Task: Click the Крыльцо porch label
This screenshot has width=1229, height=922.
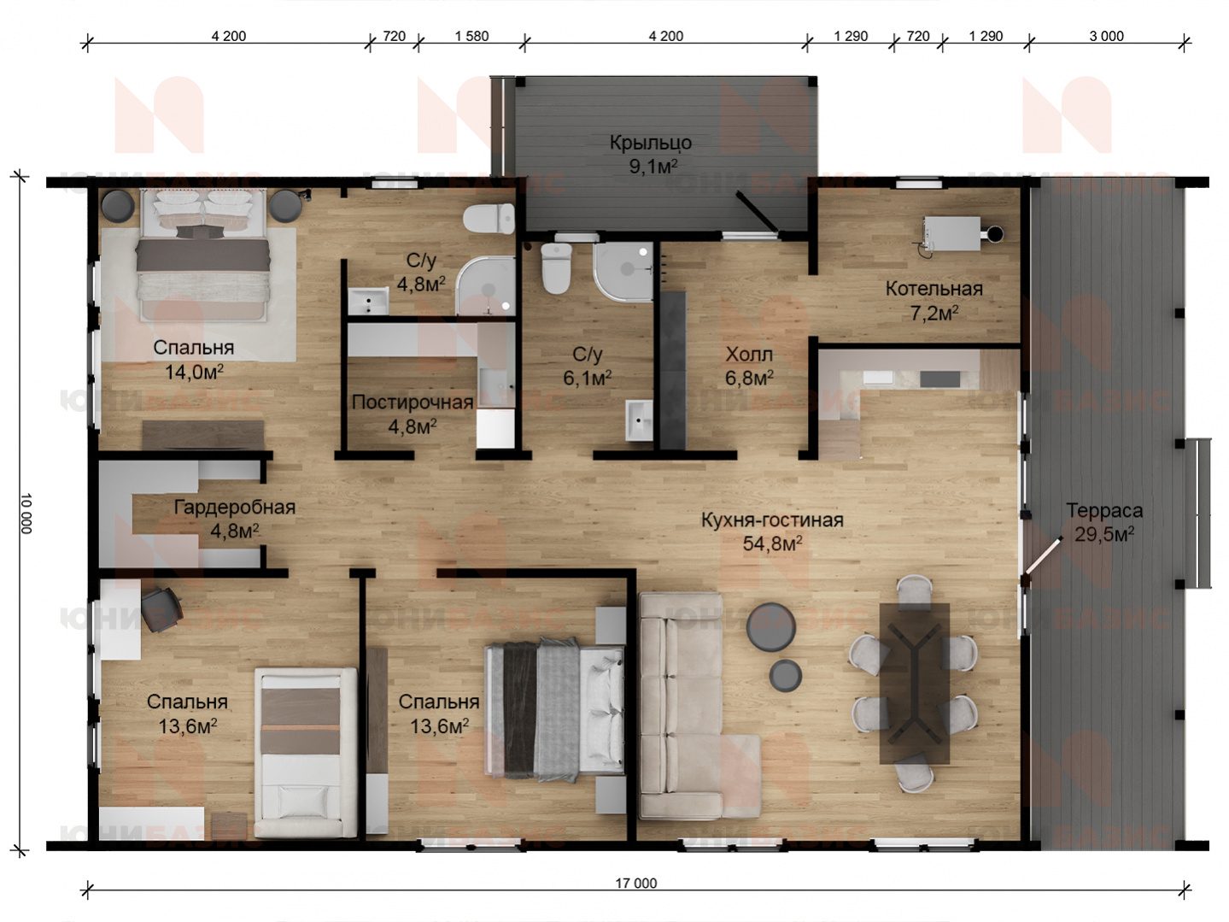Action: pyautogui.click(x=650, y=143)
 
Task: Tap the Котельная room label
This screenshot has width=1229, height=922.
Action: pyautogui.click(x=933, y=289)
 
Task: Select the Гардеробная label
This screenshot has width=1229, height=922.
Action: pyautogui.click(x=235, y=507)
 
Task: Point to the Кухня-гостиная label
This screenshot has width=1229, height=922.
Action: pyautogui.click(x=772, y=520)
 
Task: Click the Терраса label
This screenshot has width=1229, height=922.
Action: pyautogui.click(x=1103, y=510)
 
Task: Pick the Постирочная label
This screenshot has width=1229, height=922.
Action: pyautogui.click(x=413, y=402)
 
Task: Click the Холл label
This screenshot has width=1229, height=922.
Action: pyautogui.click(x=749, y=354)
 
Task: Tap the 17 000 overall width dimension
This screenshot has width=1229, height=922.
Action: pyautogui.click(x=636, y=884)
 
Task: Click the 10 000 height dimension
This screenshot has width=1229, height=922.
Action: pyautogui.click(x=26, y=514)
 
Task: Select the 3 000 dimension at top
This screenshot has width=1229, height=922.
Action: pyautogui.click(x=1106, y=37)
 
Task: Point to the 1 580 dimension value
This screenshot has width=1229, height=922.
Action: pyautogui.click(x=471, y=37)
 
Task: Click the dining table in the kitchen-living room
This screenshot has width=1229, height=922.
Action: pyautogui.click(x=915, y=684)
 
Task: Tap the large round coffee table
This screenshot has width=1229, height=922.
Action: pyautogui.click(x=771, y=627)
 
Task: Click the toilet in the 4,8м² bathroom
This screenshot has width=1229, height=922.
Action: pyautogui.click(x=489, y=219)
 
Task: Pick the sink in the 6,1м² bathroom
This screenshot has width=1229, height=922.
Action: pyautogui.click(x=640, y=420)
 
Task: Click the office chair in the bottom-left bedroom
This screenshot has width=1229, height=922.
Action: pyautogui.click(x=161, y=609)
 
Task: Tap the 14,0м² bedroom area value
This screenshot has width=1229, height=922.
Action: pyautogui.click(x=194, y=372)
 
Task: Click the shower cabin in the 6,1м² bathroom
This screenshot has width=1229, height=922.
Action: pyautogui.click(x=623, y=273)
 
